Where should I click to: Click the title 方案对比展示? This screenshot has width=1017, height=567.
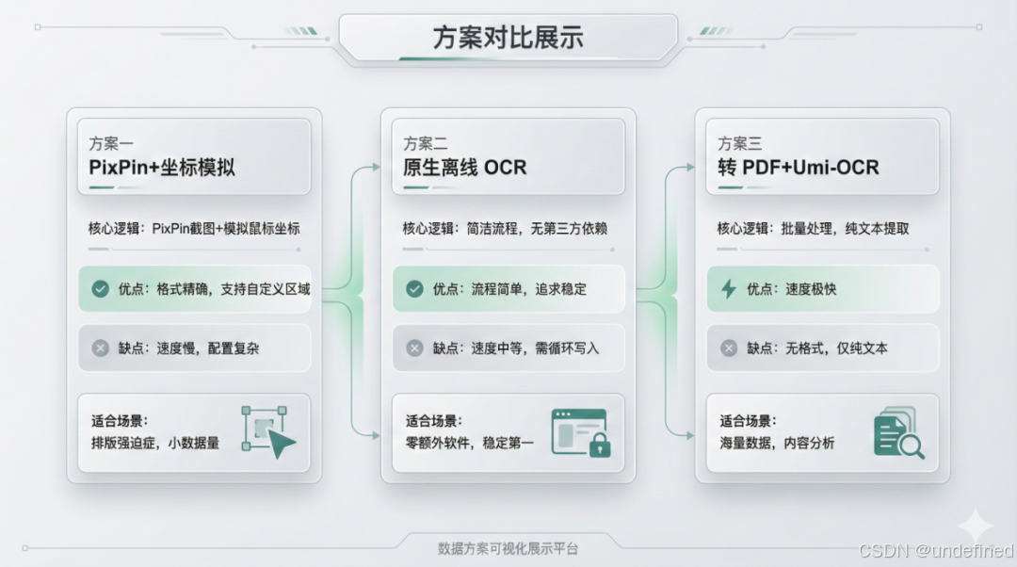click(x=508, y=38)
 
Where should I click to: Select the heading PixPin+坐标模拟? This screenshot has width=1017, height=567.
click(x=162, y=169)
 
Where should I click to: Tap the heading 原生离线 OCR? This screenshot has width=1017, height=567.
click(x=465, y=169)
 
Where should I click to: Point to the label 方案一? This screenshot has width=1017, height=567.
click(x=111, y=144)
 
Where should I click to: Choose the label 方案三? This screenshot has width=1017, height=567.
click(x=740, y=144)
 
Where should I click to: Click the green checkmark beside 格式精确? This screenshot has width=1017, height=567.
click(x=101, y=289)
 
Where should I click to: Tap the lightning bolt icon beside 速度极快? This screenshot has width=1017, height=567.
click(x=729, y=289)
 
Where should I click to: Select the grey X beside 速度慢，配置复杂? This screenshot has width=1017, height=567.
click(x=101, y=348)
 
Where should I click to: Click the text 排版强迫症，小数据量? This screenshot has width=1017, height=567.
click(x=155, y=443)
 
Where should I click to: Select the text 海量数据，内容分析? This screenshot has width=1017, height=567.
click(x=777, y=443)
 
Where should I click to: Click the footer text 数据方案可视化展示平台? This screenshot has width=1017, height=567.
click(x=508, y=548)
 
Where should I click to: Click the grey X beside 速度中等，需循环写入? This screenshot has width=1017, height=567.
click(x=414, y=348)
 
